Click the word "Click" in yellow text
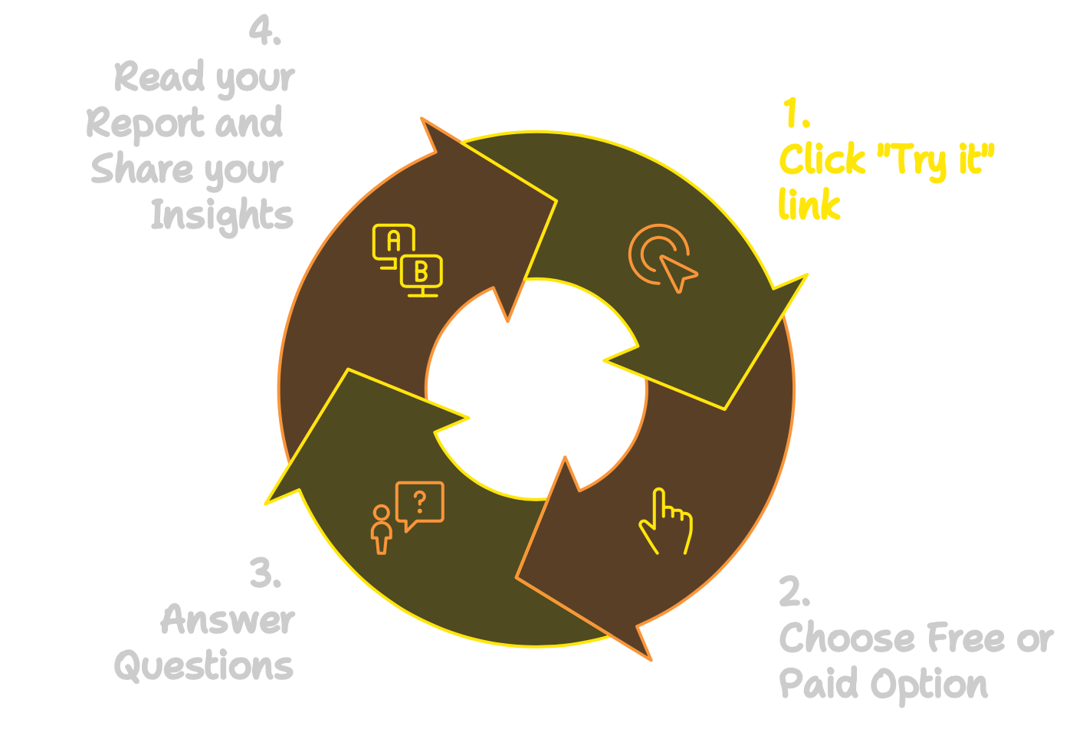click(822, 159)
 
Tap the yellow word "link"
click(809, 204)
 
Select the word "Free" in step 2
click(966, 637)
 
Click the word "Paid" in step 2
click(819, 683)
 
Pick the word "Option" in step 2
click(929, 686)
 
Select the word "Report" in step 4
click(145, 124)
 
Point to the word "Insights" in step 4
click(221, 216)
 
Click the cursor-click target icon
click(663, 258)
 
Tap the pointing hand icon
click(666, 521)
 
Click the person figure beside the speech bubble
click(382, 530)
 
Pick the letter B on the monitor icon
click(421, 271)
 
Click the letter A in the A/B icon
click(394, 241)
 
